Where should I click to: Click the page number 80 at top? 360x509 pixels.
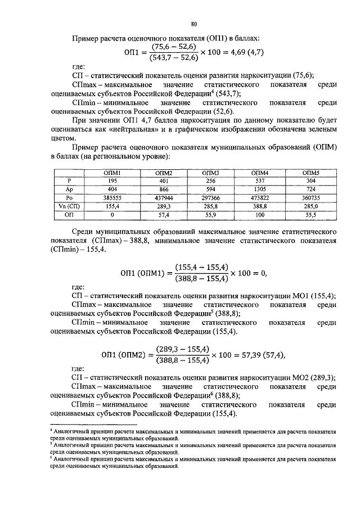coord(193,24)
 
